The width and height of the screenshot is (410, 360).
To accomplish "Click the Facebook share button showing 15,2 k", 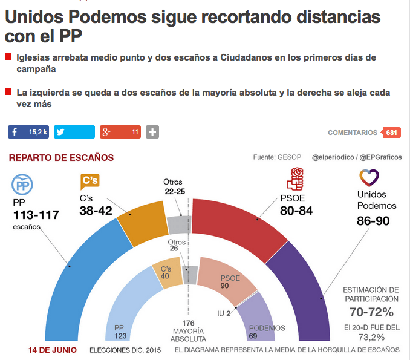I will click(x=28, y=132).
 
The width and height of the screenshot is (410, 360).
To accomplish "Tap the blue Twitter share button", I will click(x=74, y=132).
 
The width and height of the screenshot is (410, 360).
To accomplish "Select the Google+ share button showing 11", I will click(x=120, y=132).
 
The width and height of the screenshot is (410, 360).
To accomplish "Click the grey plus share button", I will click(x=152, y=132).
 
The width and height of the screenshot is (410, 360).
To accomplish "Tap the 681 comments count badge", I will click(x=391, y=133).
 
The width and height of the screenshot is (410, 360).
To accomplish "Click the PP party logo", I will click(x=22, y=185).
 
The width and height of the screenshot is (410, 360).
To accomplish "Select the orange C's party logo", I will click(x=89, y=181).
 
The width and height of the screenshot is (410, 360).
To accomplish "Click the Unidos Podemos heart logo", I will click(x=369, y=178).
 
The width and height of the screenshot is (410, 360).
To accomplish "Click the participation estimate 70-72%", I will click(x=371, y=312).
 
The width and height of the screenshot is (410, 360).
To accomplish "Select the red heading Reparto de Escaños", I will click(x=61, y=158).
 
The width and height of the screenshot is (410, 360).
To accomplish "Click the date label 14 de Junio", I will click(x=52, y=350).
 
